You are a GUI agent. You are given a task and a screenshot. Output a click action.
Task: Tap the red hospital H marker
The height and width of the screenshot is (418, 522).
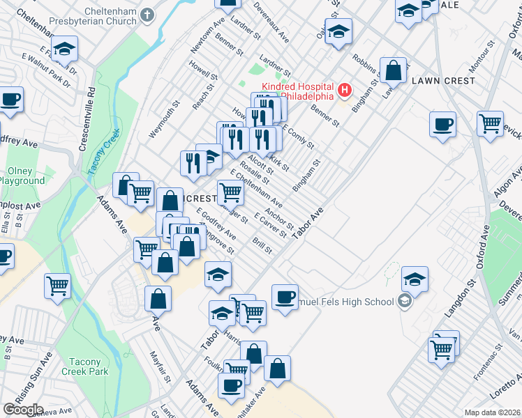pos(344,90)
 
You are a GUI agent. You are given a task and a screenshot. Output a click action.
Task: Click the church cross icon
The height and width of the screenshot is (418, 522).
pos(147,13)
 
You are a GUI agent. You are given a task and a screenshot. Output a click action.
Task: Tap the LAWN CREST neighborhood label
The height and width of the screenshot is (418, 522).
pos(443,81)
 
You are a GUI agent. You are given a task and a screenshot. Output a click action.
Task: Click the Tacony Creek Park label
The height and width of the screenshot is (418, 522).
pos(89,366)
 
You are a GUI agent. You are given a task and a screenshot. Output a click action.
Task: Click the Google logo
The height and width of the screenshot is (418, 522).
pos(23,410)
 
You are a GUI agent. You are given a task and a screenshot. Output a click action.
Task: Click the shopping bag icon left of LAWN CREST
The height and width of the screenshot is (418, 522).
pos(394,70)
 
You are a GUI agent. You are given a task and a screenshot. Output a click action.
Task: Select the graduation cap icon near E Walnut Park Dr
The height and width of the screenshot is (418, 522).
pos(64,49)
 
